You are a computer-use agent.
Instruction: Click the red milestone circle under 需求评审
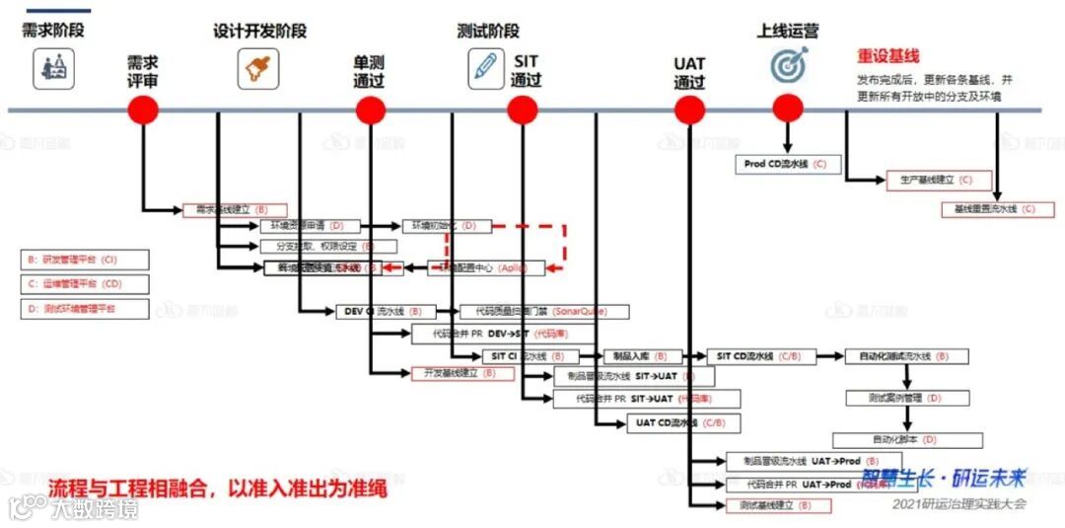143,109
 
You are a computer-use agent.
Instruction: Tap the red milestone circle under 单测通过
370,110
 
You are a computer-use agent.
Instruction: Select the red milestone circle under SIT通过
523,110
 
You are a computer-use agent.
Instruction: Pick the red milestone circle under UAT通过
689,110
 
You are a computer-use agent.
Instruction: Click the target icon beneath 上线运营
789,65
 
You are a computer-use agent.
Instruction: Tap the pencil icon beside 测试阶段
485,67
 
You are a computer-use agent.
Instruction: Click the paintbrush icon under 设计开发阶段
257,68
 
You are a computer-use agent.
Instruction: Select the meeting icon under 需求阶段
53,68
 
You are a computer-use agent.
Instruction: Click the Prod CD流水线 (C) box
787,164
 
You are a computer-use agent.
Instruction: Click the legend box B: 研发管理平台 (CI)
85,260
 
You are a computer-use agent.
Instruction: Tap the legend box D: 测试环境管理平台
85,309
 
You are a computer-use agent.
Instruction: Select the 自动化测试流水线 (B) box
906,356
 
